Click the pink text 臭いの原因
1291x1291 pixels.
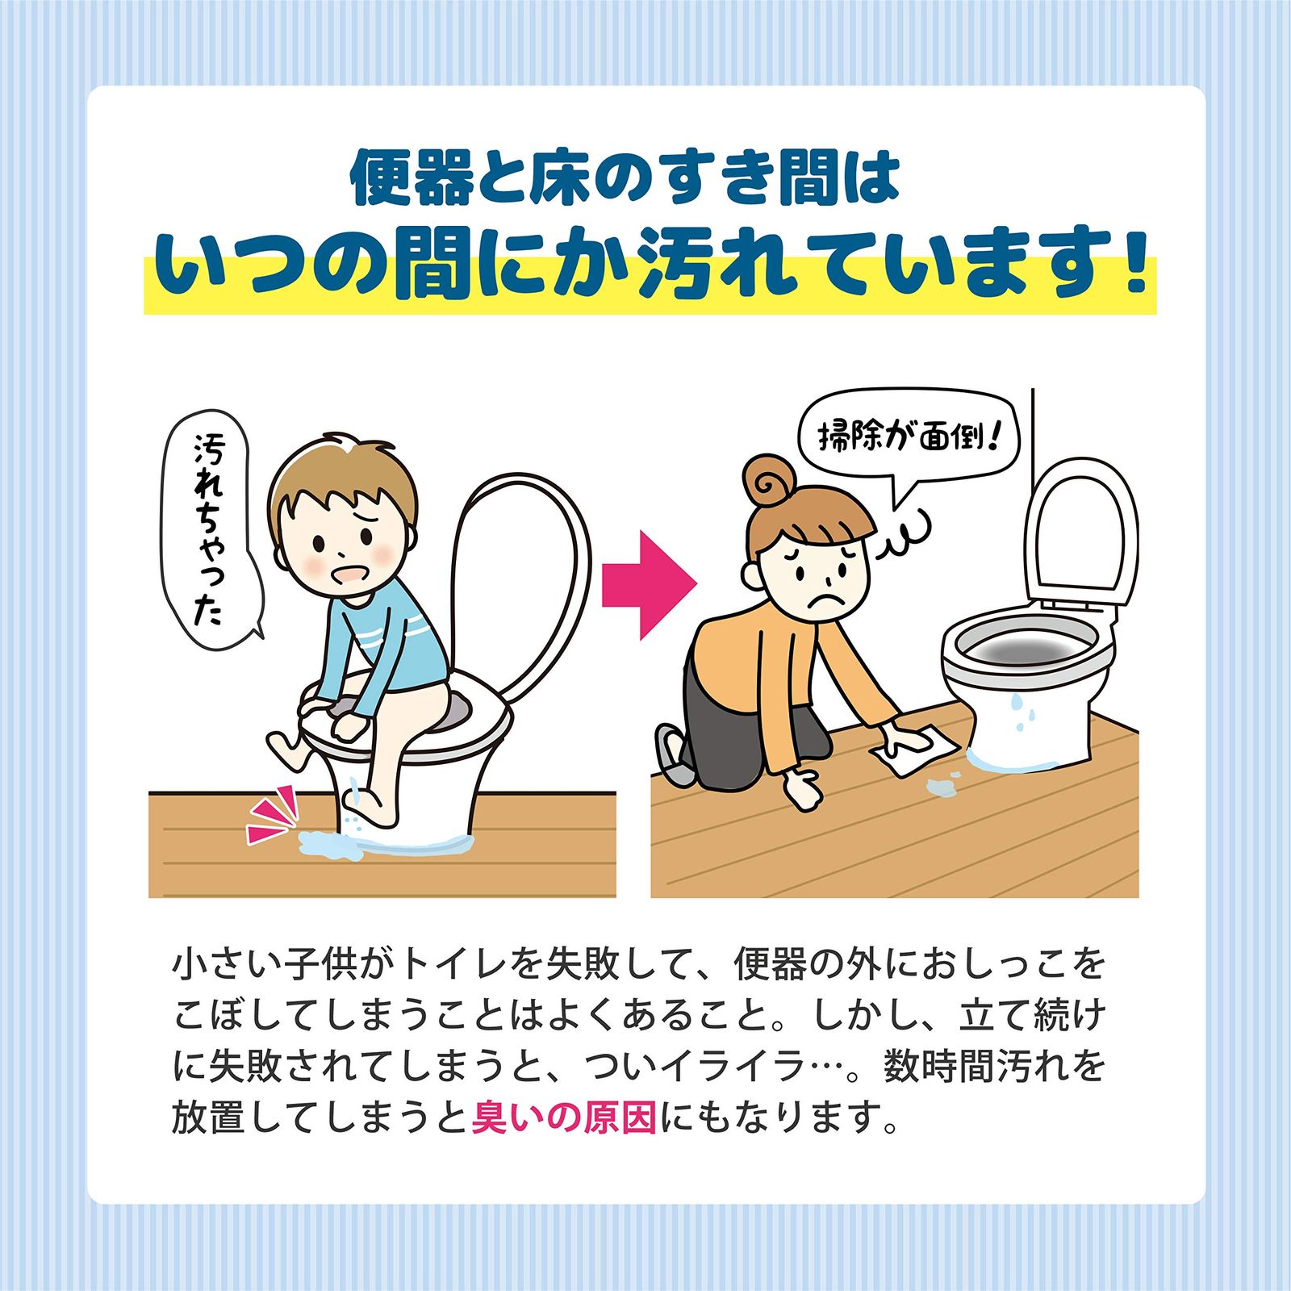(564, 1118)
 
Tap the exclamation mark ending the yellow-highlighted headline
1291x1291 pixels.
(1134, 261)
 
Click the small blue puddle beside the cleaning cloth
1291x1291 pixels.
(941, 785)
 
